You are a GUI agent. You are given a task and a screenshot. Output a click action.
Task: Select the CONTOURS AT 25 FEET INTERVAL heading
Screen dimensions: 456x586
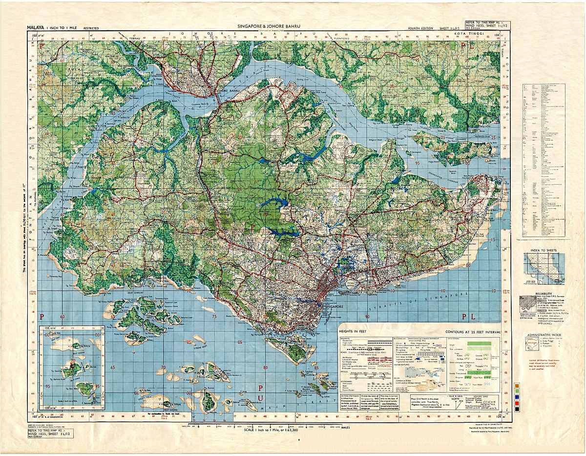pos(473,331)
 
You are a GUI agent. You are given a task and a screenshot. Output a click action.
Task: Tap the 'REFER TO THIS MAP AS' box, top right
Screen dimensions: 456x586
pos(483,25)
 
